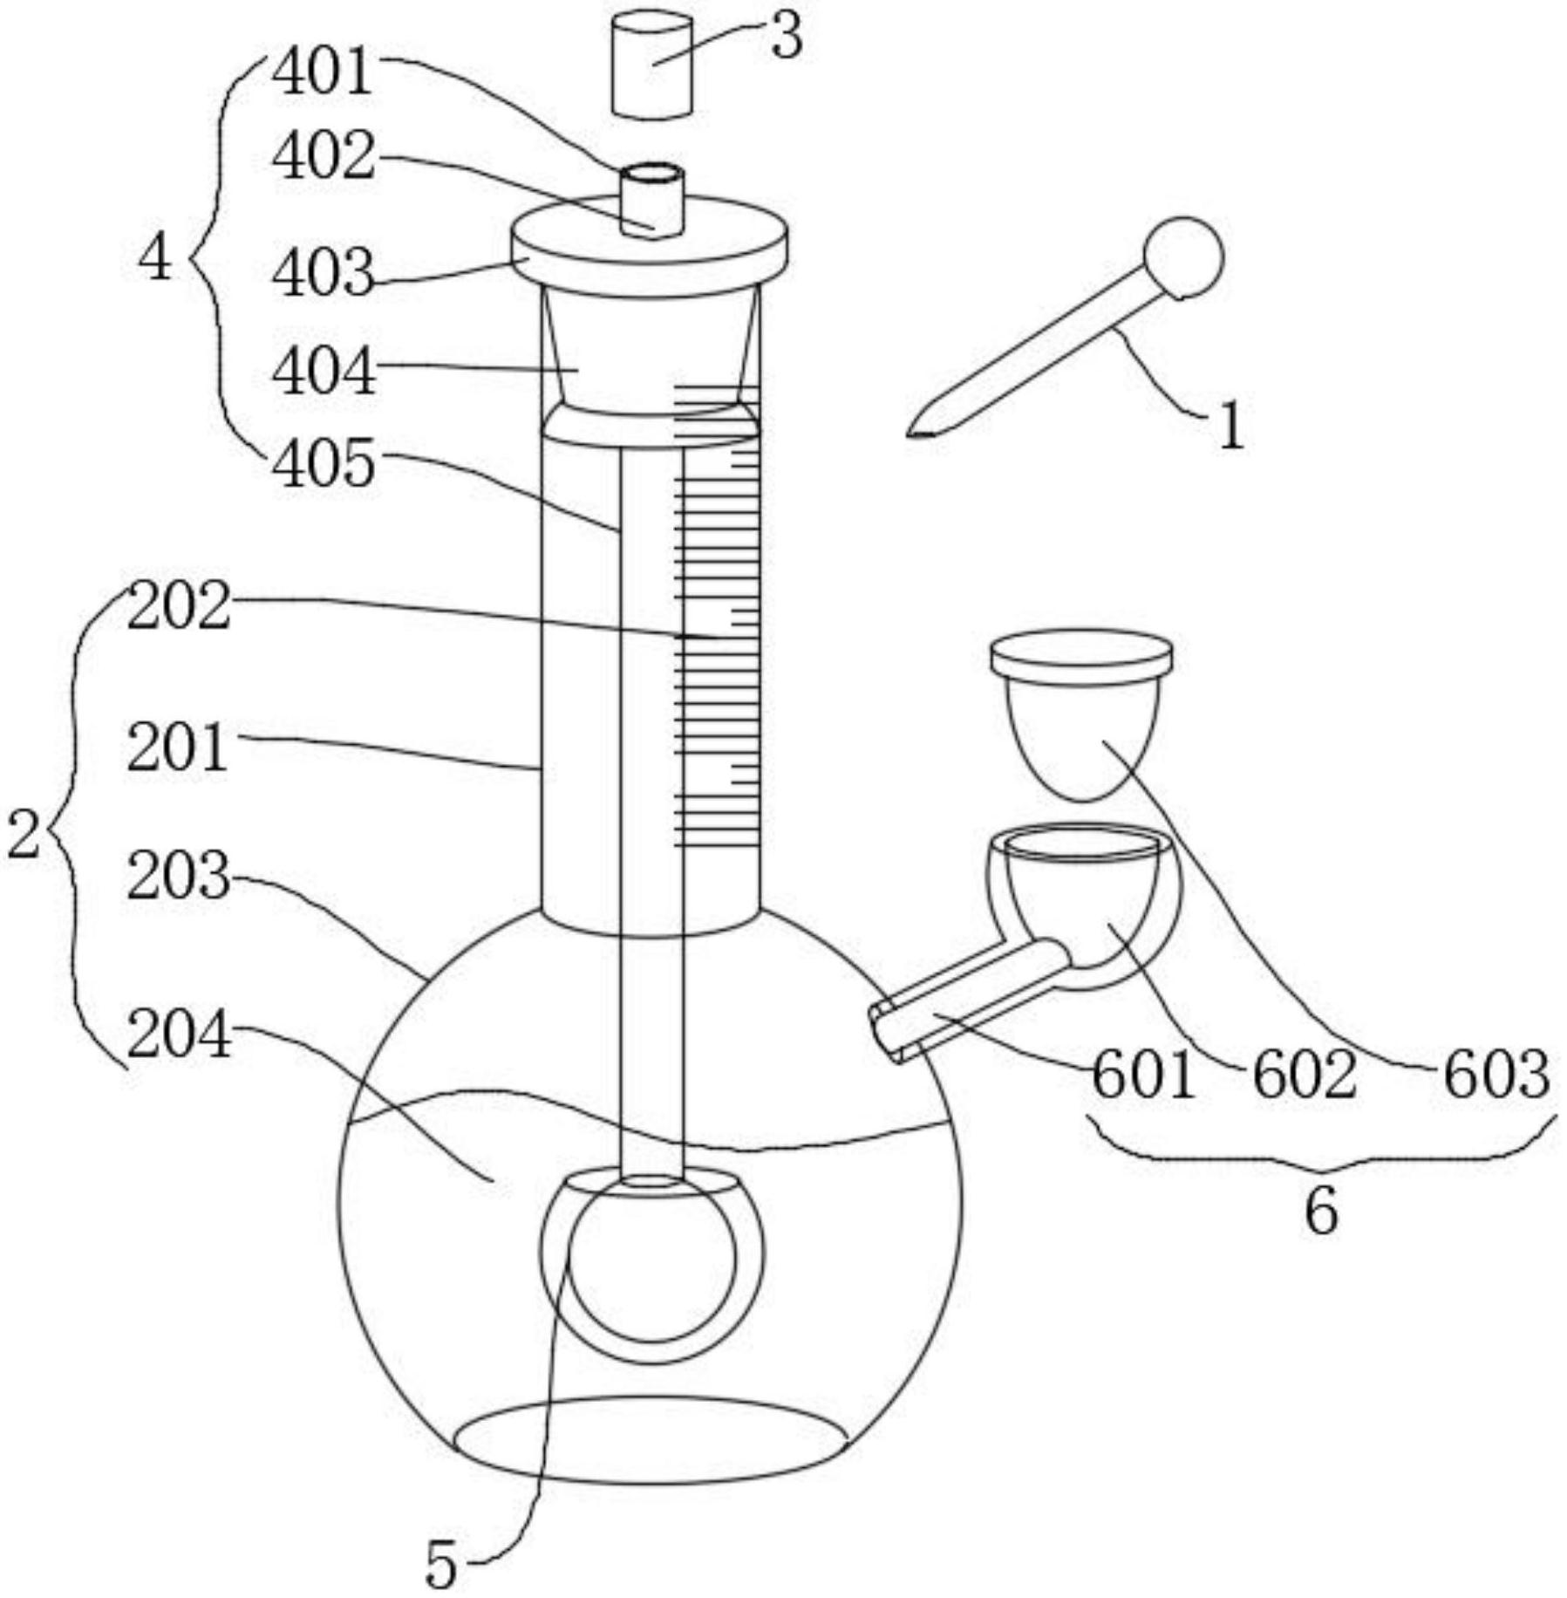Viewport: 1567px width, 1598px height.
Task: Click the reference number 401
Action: (x=324, y=72)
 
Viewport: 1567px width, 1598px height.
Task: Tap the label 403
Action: (x=324, y=273)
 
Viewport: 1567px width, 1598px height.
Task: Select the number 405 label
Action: (x=324, y=463)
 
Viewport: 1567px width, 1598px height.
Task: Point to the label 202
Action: (x=179, y=605)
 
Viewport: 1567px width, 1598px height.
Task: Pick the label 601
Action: (x=1143, y=1075)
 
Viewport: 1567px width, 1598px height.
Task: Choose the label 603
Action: (x=1496, y=1075)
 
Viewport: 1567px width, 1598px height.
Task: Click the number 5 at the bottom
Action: (x=441, y=1565)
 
